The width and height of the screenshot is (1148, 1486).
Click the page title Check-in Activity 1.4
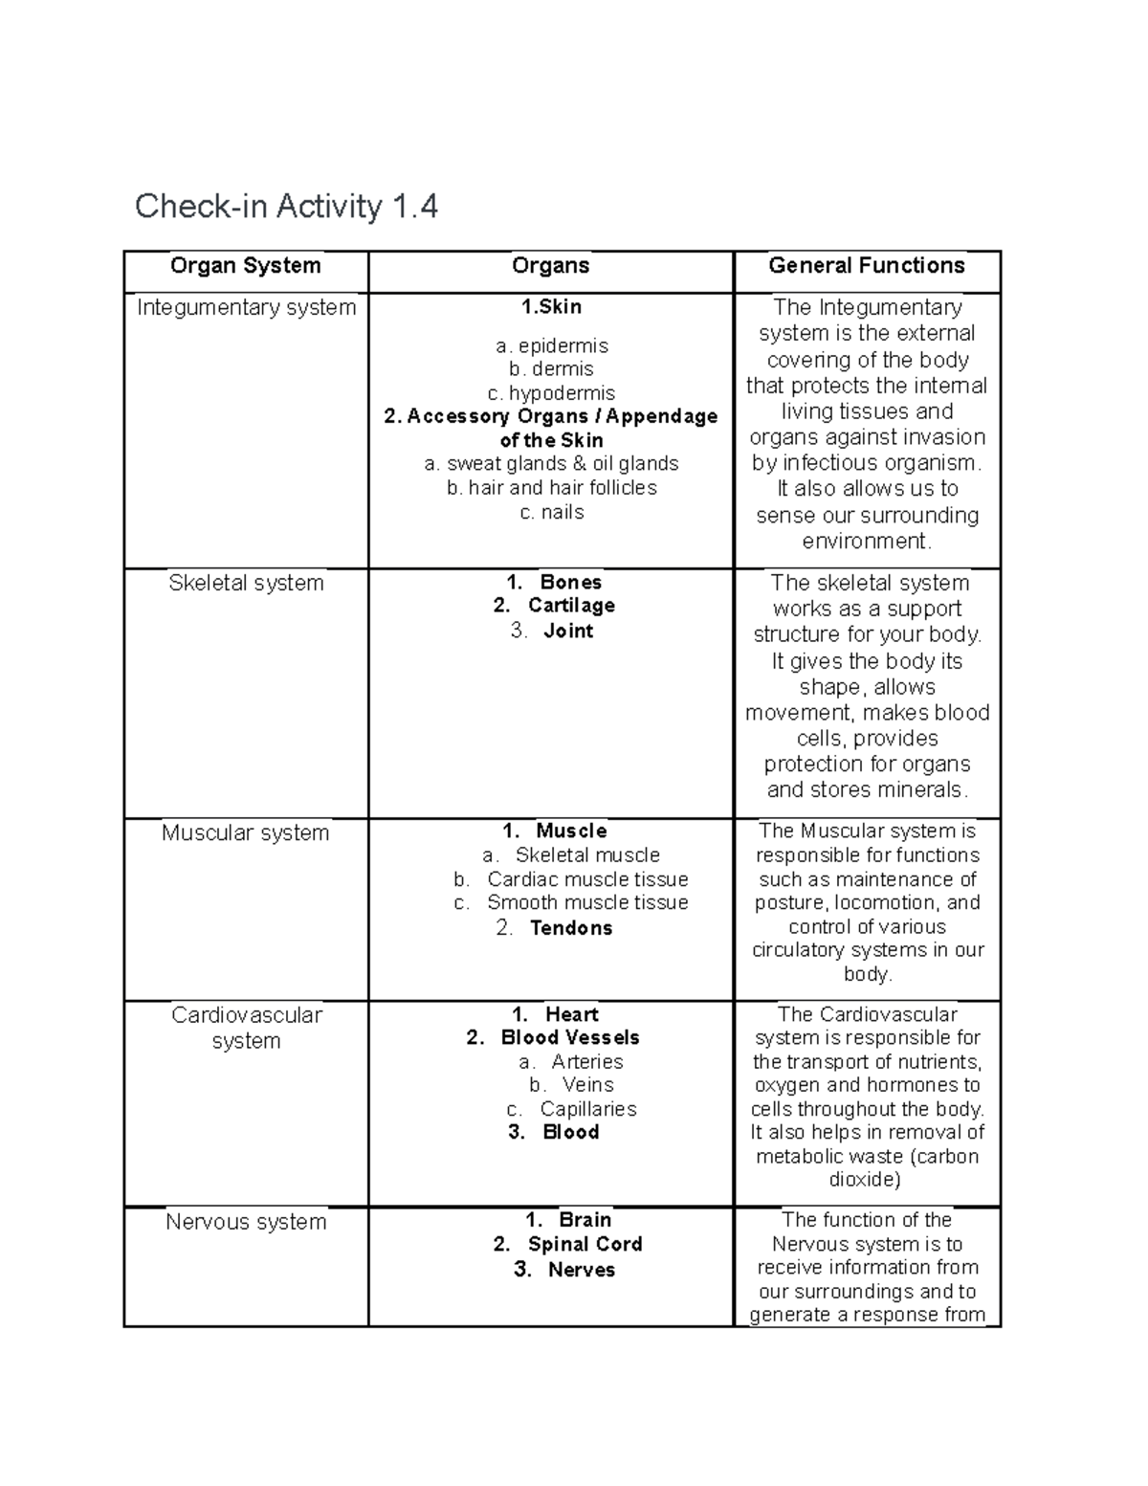(286, 206)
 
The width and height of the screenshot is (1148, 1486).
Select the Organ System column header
(245, 266)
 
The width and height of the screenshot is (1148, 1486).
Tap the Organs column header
(550, 266)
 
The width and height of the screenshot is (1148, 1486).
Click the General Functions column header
(867, 266)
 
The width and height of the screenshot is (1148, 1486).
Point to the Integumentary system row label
(246, 307)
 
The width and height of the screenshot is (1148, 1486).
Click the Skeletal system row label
(246, 583)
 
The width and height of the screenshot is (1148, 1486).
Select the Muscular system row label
(245, 832)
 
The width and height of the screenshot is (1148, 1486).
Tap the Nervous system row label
(246, 1222)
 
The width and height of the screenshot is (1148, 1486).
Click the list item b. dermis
(551, 369)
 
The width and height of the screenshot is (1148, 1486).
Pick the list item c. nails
(551, 512)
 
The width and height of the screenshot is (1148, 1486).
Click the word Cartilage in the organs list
(571, 606)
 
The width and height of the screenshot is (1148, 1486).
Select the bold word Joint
(568, 631)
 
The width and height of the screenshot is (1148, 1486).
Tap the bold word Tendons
(571, 927)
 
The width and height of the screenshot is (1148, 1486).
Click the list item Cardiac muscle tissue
(587, 879)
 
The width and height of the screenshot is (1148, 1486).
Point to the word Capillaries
(587, 1109)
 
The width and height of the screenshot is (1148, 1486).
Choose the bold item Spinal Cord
(585, 1244)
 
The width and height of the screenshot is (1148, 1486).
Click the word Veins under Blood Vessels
(587, 1085)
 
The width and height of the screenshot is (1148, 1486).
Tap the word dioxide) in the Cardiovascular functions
(865, 1180)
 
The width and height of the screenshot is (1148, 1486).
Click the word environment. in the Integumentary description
(867, 541)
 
